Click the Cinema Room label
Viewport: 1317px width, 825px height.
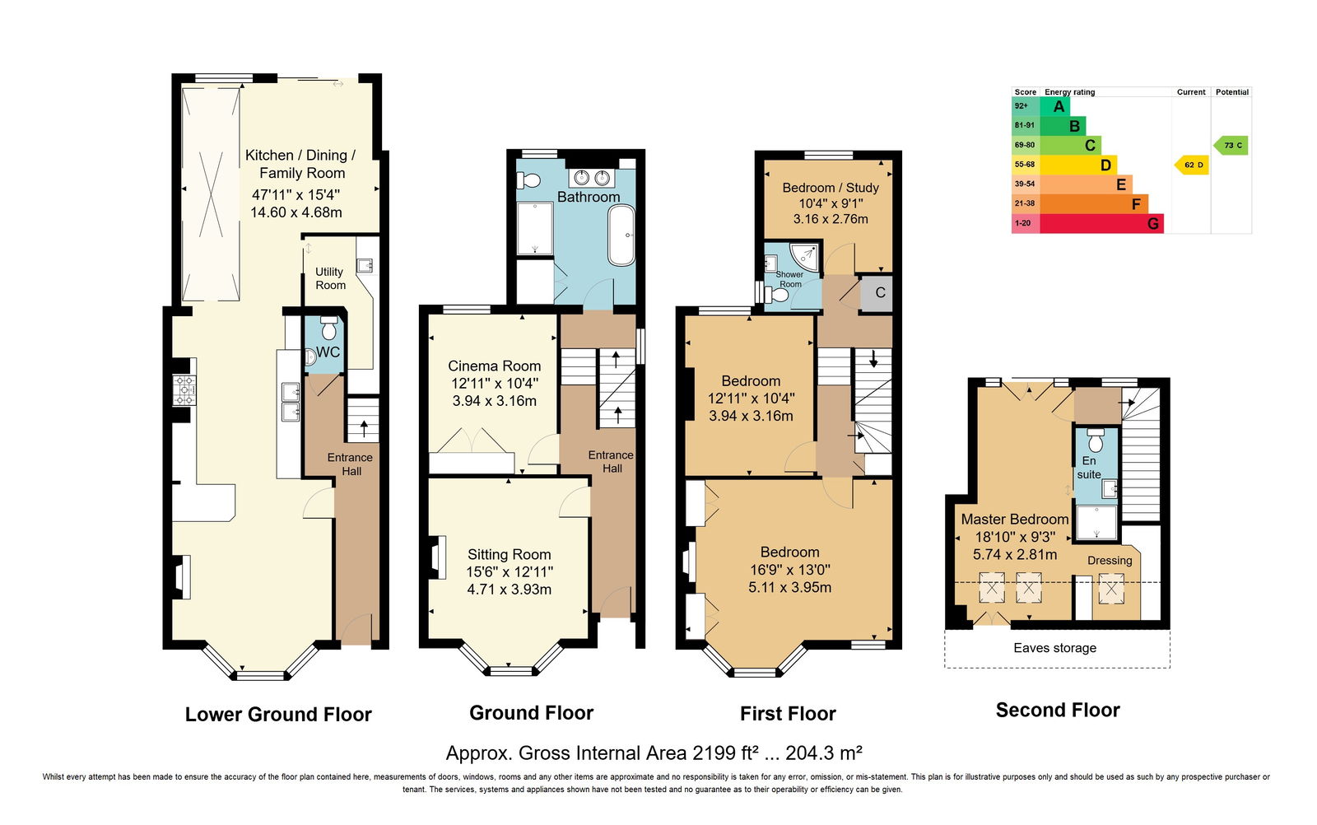[x=494, y=366]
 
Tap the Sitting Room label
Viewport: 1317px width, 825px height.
[x=510, y=554]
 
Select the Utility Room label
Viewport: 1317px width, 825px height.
[x=330, y=278]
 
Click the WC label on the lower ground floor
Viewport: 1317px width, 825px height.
[x=328, y=352]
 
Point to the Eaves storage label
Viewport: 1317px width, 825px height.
[x=1054, y=648]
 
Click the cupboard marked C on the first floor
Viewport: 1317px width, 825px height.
[x=877, y=293]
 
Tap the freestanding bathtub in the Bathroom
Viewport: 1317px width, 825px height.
[x=621, y=235]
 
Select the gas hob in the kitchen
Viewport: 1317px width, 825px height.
[x=184, y=390]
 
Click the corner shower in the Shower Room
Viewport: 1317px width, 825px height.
[x=805, y=257]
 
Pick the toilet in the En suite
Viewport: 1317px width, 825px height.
[x=1096, y=440]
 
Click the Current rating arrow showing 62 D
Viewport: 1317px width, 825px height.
[x=1191, y=165]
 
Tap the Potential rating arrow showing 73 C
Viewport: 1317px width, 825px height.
[x=1231, y=145]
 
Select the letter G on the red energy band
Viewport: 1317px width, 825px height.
[x=1153, y=223]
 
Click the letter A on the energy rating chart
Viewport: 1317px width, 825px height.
[x=1059, y=106]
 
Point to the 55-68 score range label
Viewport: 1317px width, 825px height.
[x=1024, y=165]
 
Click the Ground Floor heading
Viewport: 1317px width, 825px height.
[x=531, y=713]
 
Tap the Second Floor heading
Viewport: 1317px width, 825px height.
[x=1058, y=711]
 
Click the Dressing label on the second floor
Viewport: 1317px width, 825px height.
[x=1110, y=561]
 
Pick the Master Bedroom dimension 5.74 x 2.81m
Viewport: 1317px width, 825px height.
[x=1015, y=554]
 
